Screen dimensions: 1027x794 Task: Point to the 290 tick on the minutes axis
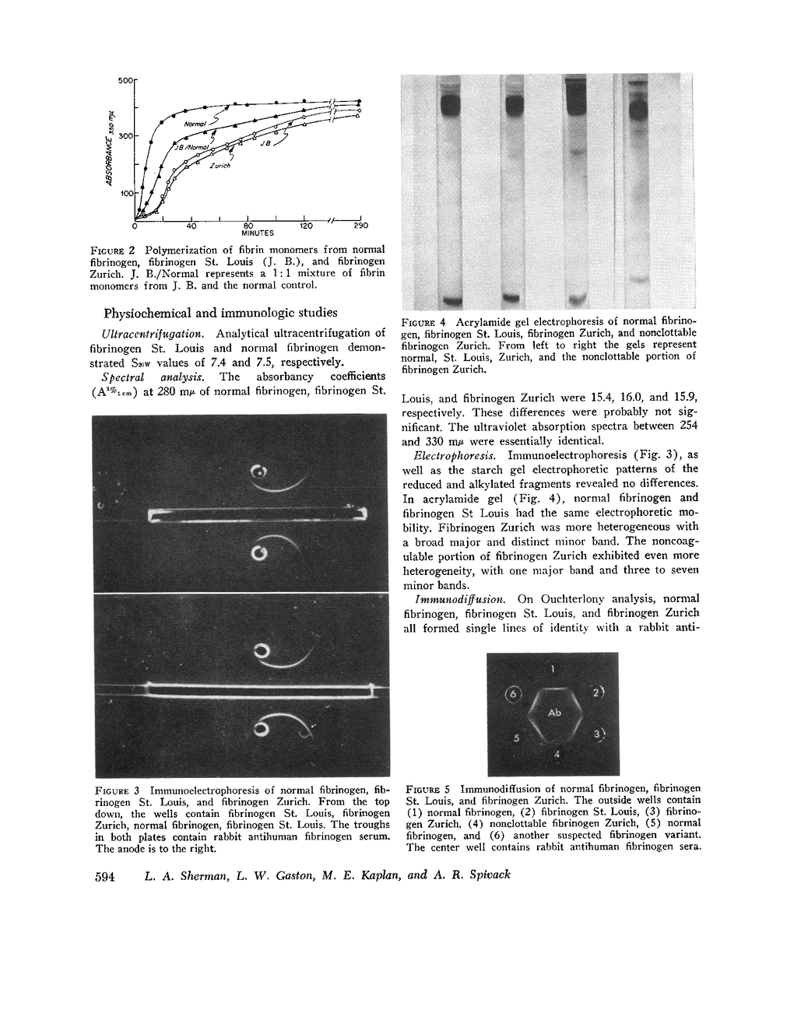(360, 226)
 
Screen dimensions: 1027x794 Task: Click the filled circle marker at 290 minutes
(359, 101)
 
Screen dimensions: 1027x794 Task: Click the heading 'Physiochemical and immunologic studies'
(220, 313)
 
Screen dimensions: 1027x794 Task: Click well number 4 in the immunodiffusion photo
(556, 754)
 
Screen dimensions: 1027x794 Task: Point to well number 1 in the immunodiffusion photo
(553, 668)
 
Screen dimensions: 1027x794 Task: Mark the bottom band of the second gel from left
(511, 296)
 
